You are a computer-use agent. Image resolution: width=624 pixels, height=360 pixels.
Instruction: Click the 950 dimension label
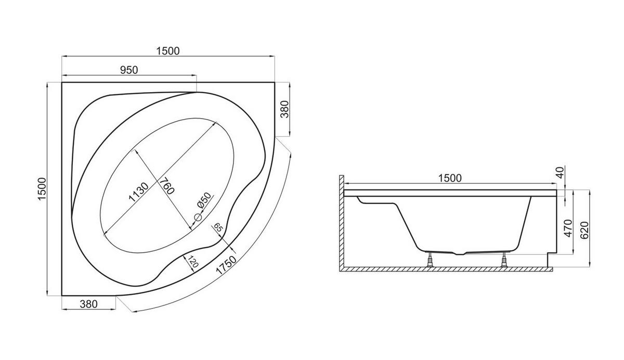click(129, 70)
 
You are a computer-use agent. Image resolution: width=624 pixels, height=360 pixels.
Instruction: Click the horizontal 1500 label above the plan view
click(167, 51)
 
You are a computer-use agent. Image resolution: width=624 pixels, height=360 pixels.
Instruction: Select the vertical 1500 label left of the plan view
click(42, 189)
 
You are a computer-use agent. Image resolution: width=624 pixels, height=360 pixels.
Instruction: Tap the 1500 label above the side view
click(450, 178)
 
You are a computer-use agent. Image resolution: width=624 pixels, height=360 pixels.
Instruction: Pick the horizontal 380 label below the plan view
click(88, 304)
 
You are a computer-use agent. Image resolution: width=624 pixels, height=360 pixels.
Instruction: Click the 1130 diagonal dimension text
click(138, 192)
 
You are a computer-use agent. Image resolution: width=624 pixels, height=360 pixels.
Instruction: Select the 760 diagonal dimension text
click(166, 186)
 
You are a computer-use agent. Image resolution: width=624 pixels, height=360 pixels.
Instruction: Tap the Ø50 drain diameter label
click(204, 200)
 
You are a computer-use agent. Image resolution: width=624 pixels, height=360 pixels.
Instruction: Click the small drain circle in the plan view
click(198, 217)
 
